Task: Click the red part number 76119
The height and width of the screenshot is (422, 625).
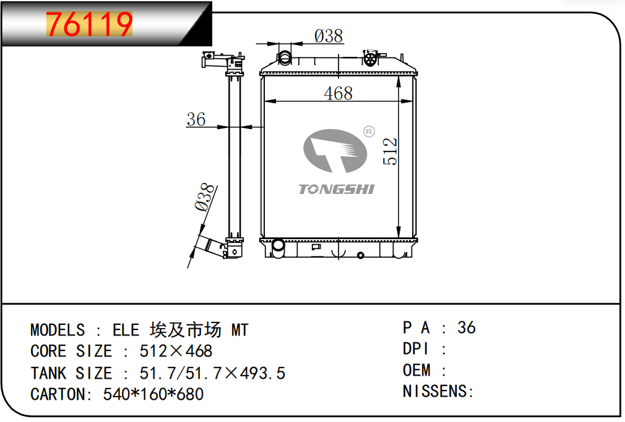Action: [89, 24]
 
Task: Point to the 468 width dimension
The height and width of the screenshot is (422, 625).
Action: [338, 93]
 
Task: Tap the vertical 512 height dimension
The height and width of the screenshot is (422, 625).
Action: [390, 151]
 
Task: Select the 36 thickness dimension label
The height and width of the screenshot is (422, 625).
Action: [196, 119]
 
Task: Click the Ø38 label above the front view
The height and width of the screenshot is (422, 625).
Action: [329, 36]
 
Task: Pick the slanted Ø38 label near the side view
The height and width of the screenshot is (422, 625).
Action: [205, 197]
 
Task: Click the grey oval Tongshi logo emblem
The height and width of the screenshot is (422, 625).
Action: [335, 151]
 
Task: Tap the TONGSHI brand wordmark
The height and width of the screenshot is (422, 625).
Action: [337, 189]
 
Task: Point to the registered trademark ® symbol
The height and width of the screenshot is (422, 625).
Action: [369, 132]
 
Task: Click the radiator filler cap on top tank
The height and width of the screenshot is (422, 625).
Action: [371, 58]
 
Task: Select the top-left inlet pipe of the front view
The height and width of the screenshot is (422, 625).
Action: [285, 58]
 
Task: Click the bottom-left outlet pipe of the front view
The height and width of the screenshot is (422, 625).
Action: [278, 248]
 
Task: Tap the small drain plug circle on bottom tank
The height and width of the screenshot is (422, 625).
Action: [360, 255]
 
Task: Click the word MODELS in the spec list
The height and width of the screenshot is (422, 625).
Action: [58, 330]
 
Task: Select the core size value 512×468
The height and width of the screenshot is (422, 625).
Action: [176, 351]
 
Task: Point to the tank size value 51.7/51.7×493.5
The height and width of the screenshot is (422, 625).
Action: [212, 373]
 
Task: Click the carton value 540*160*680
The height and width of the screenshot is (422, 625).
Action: [153, 394]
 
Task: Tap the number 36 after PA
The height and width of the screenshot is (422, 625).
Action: [467, 327]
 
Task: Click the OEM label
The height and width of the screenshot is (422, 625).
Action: [416, 370]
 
